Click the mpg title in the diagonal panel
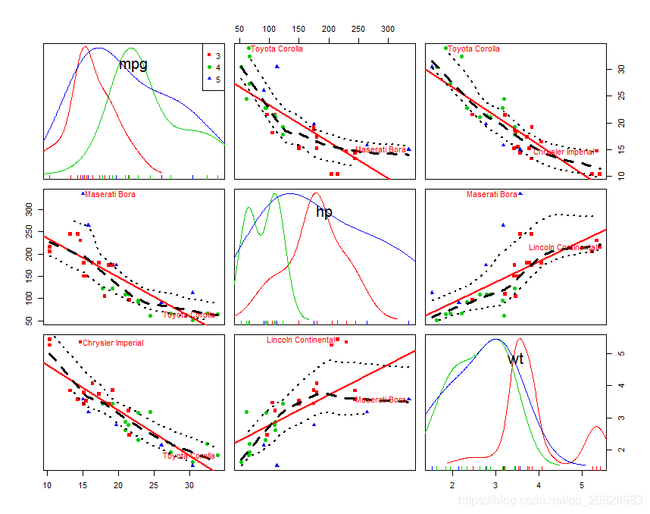pos(133,64)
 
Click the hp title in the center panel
pos(323,212)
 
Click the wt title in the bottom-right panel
pos(516,359)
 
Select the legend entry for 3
pos(217,56)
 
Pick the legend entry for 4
pos(217,67)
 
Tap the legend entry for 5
pos(217,79)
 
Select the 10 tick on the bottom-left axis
pos(48,483)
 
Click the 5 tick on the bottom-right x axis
pos(582,483)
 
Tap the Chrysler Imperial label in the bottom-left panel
pos(113,343)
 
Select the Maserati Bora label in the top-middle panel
pos(381,150)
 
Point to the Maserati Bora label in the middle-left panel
pos(110,195)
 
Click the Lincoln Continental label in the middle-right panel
pos(564,248)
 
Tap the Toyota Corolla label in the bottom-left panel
pos(189,456)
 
